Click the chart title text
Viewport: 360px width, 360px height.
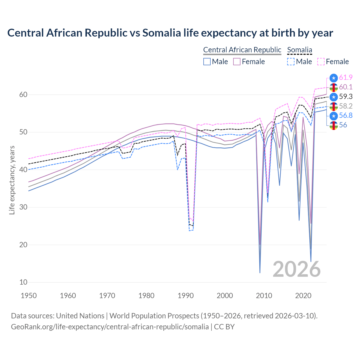(x=170, y=33)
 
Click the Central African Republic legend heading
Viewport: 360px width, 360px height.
(x=242, y=50)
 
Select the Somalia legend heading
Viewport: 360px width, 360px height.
(x=300, y=50)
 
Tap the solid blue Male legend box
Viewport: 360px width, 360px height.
(x=207, y=62)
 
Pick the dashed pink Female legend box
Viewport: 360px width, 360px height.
(x=321, y=62)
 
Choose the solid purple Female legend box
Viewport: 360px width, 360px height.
(x=237, y=62)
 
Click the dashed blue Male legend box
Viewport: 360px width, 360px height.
(x=291, y=62)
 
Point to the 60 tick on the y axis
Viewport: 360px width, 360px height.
(x=23, y=95)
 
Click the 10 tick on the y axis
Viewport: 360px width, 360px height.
(x=23, y=282)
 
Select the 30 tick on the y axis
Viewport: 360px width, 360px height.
(x=23, y=207)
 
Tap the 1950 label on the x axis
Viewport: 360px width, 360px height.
(x=29, y=296)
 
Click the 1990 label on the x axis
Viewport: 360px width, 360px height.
(x=186, y=296)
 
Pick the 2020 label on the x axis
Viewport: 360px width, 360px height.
(x=303, y=296)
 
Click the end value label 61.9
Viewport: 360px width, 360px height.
(x=346, y=78)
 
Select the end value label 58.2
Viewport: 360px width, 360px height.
(x=346, y=106)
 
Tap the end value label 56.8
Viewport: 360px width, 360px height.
(x=346, y=116)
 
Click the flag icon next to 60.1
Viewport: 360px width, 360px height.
(x=334, y=87)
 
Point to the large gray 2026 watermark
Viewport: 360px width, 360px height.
(x=296, y=269)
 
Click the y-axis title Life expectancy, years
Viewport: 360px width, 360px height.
(x=12, y=180)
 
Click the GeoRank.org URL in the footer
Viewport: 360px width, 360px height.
(x=110, y=327)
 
